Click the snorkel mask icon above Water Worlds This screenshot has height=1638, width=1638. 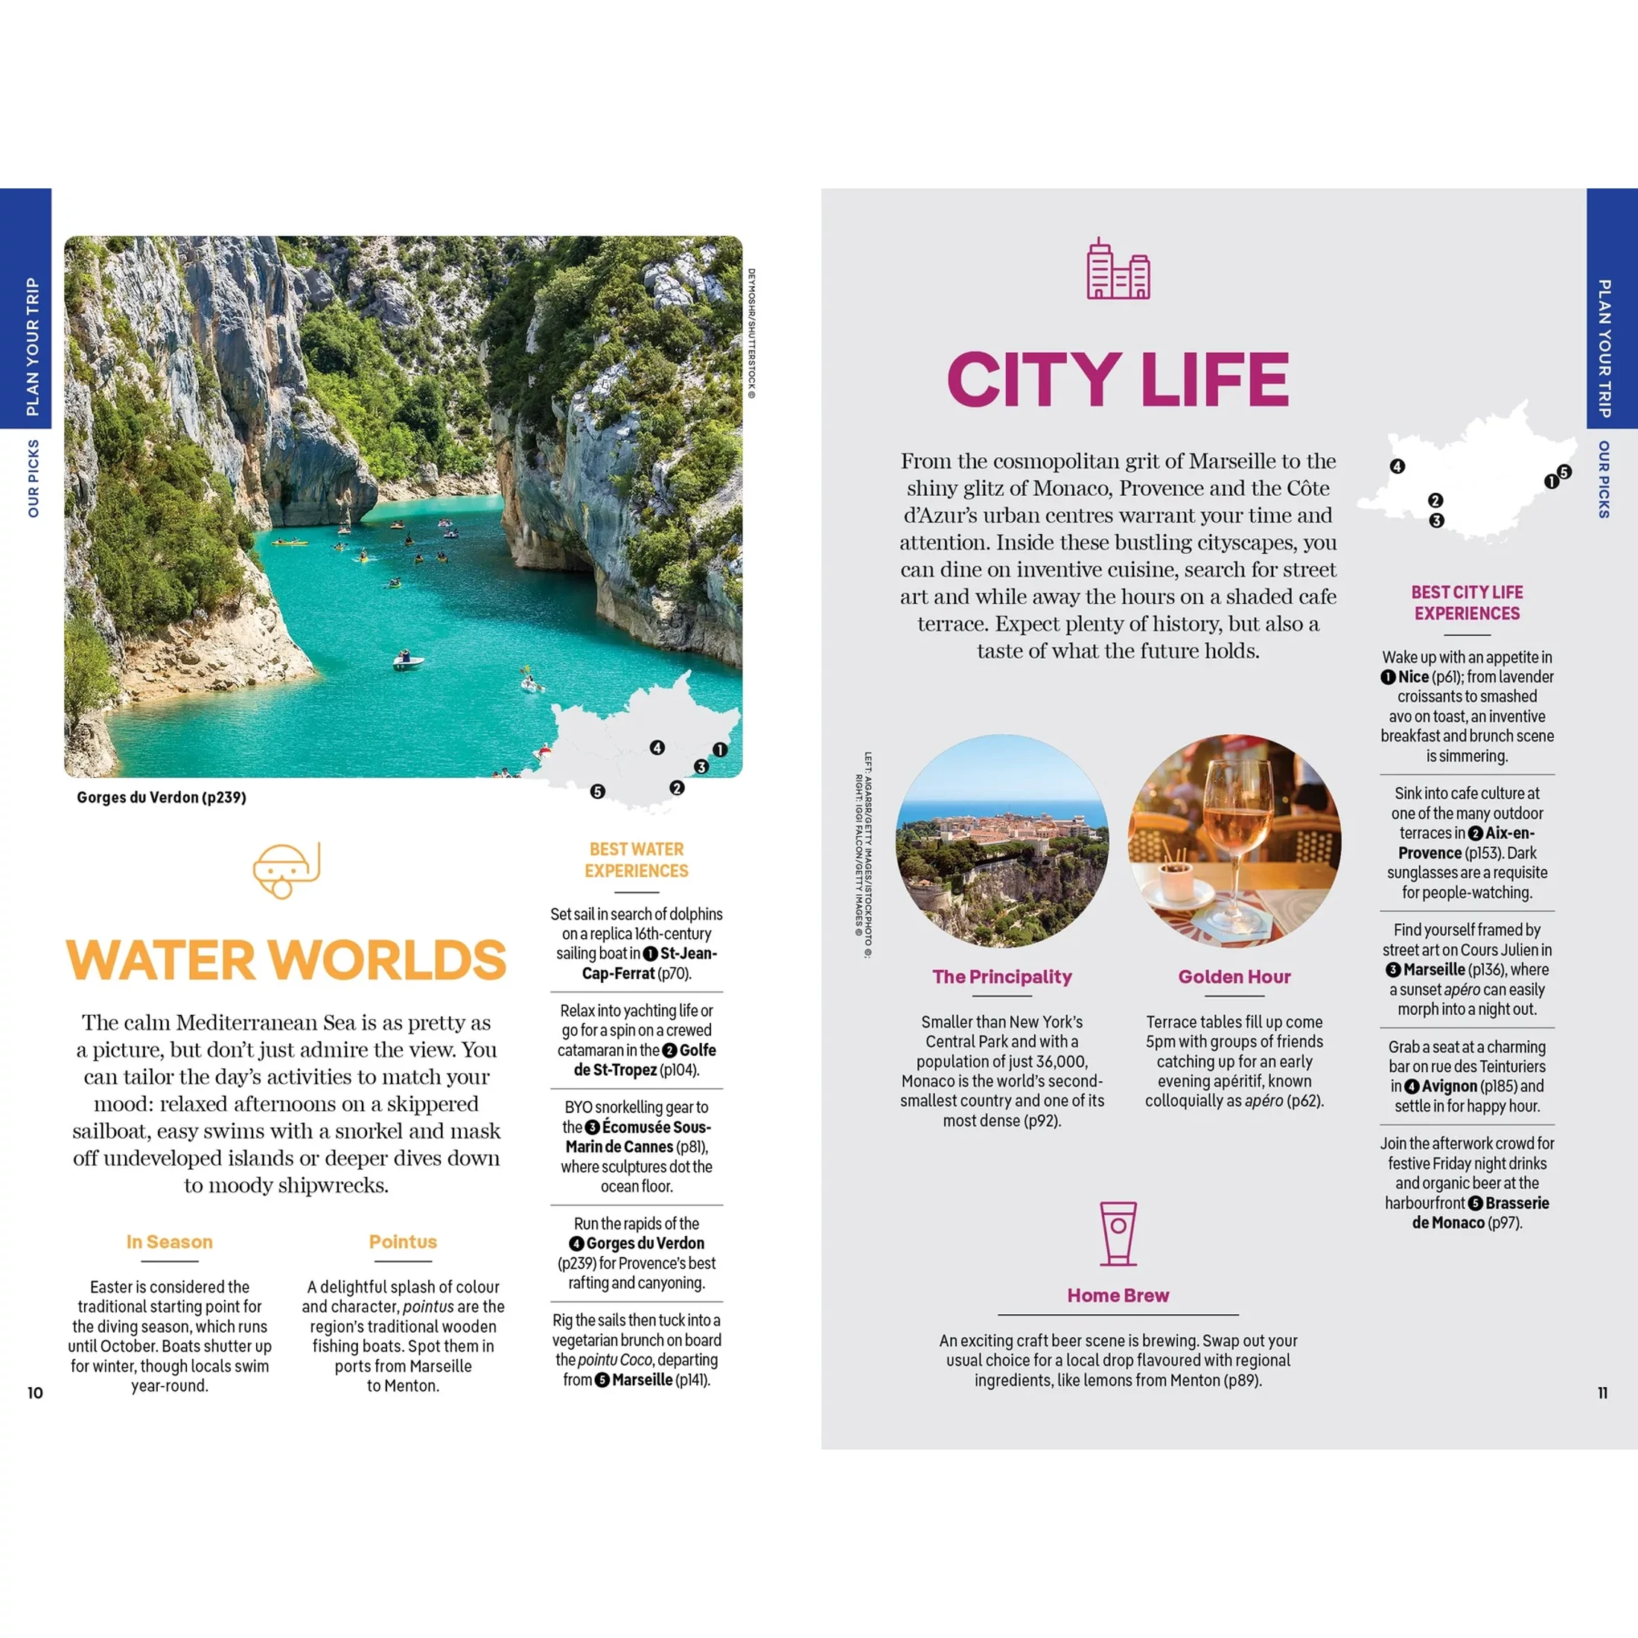pyautogui.click(x=287, y=870)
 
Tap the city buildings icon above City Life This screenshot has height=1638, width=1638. pyautogui.click(x=1118, y=269)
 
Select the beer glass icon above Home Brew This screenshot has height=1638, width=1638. pyautogui.click(x=1118, y=1234)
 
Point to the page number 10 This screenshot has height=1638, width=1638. pyautogui.click(x=35, y=1393)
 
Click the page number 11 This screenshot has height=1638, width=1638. pyautogui.click(x=1602, y=1393)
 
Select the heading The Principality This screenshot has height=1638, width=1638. pyautogui.click(x=1002, y=977)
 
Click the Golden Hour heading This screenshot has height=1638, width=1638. pyautogui.click(x=1234, y=977)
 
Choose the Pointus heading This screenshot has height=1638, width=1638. pyautogui.click(x=403, y=1241)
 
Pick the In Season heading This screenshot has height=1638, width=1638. pyautogui.click(x=170, y=1241)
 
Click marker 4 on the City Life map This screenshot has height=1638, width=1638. pyautogui.click(x=1398, y=466)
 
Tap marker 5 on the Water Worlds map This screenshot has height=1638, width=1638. pyautogui.click(x=598, y=791)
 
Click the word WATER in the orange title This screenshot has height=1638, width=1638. pyautogui.click(x=161, y=960)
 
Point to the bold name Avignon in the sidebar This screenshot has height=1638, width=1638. pyautogui.click(x=1449, y=1086)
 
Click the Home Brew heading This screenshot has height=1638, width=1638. pyautogui.click(x=1118, y=1296)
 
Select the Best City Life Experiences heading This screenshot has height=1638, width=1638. pyautogui.click(x=1467, y=603)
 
